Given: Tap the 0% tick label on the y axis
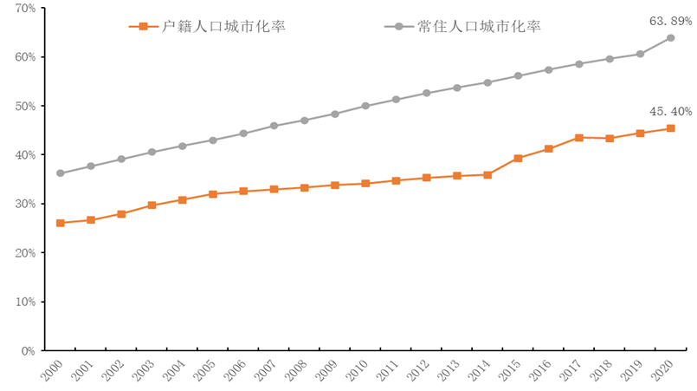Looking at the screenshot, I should tap(28, 351).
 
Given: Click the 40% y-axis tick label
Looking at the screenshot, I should tap(25, 155).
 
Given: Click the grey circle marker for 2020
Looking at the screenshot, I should tap(670, 38).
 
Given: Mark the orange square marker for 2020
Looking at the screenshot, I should tap(670, 128).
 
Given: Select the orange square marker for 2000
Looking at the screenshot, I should tap(60, 223).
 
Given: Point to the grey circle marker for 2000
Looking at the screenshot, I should tap(60, 173).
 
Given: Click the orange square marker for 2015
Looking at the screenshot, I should tap(518, 159).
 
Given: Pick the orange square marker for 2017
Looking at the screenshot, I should tap(578, 138).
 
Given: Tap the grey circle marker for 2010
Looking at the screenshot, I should tap(365, 106).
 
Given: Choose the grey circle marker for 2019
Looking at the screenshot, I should tap(640, 54).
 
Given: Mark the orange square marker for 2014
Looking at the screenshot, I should tap(487, 174).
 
